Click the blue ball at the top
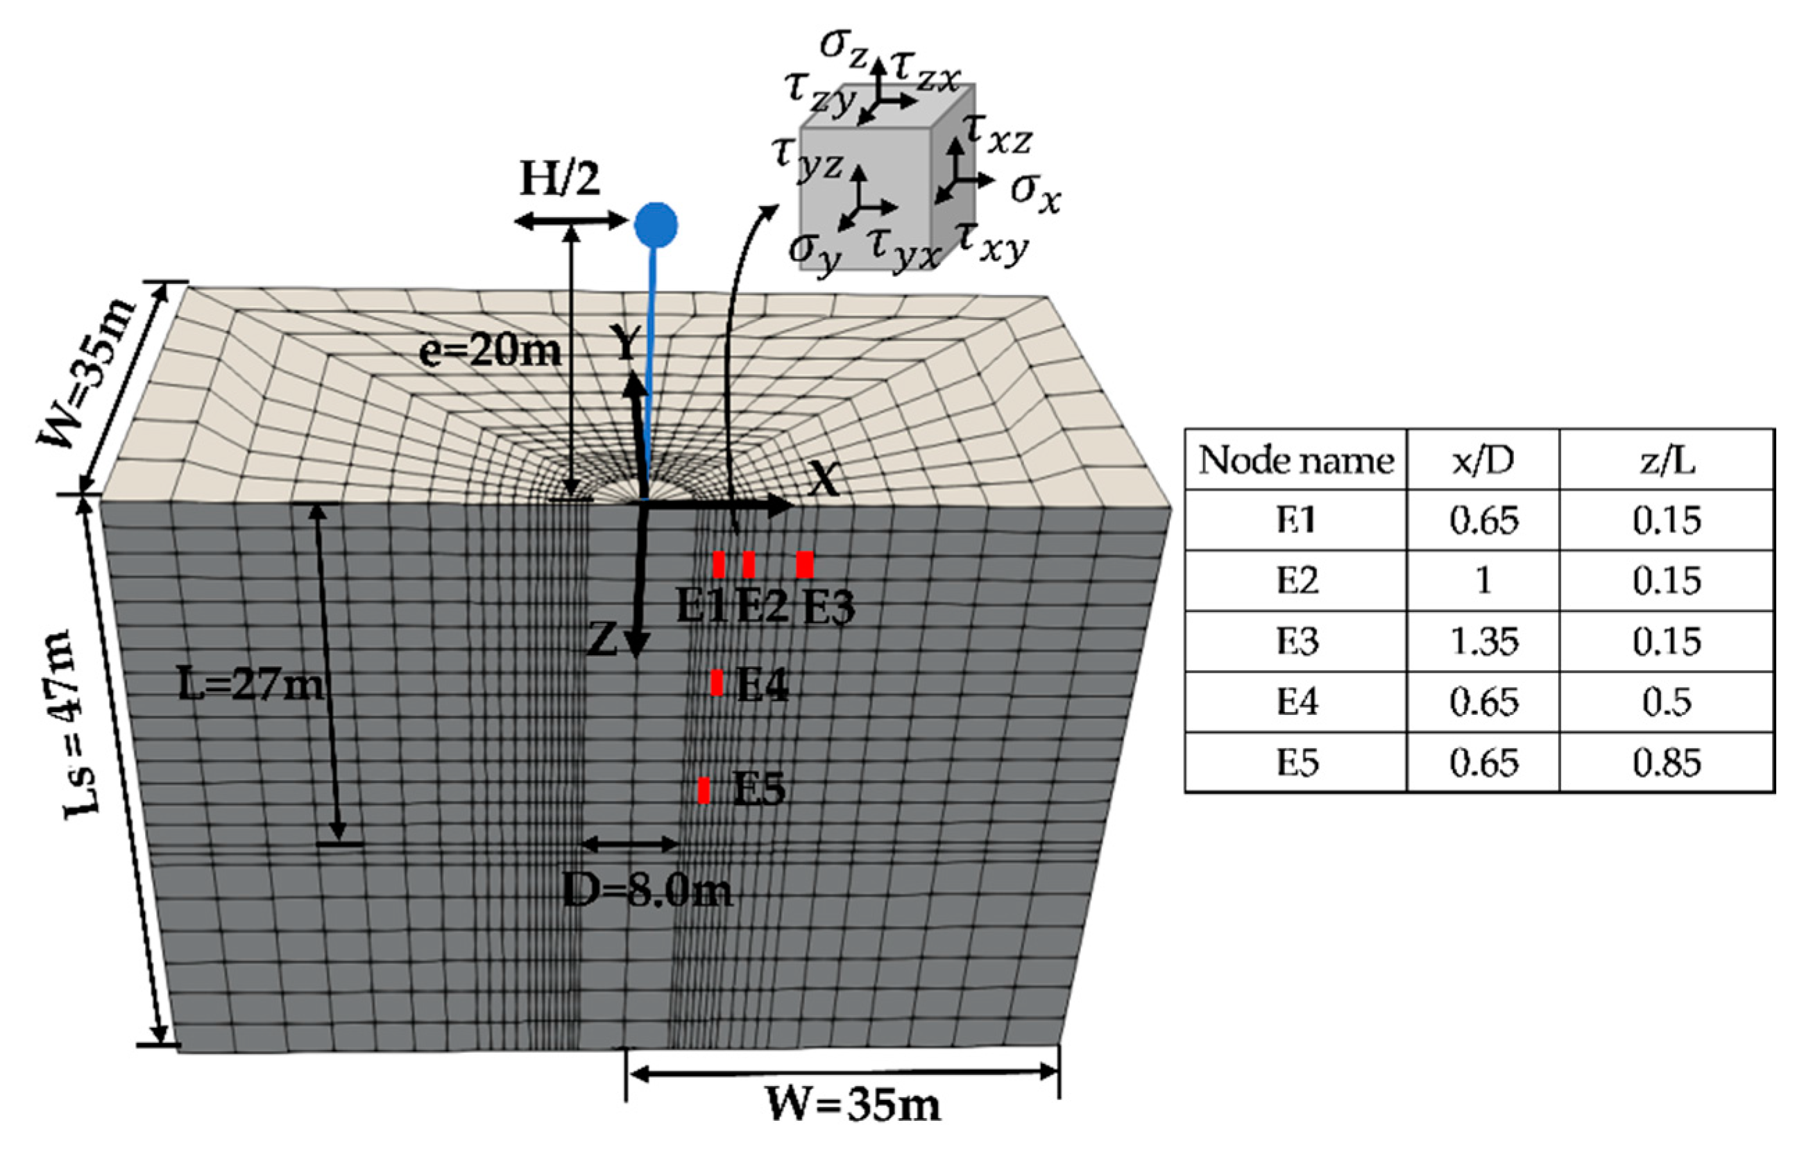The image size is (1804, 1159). click(655, 224)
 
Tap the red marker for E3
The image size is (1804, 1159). click(804, 564)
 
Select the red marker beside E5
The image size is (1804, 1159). click(704, 790)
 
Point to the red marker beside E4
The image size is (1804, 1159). click(717, 683)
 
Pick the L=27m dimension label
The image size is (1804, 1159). click(250, 686)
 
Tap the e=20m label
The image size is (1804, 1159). click(490, 350)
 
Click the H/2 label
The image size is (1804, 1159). click(560, 180)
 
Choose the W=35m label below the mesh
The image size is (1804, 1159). click(853, 1105)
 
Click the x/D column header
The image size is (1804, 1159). click(1482, 461)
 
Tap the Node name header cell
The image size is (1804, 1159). click(1296, 461)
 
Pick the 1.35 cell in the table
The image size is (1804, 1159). click(1483, 641)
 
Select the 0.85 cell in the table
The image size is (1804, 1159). click(1667, 763)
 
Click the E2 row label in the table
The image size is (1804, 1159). click(1297, 580)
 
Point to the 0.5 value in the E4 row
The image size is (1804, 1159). click(1667, 702)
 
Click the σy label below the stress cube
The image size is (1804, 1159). click(814, 252)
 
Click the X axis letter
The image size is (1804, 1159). click(824, 477)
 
